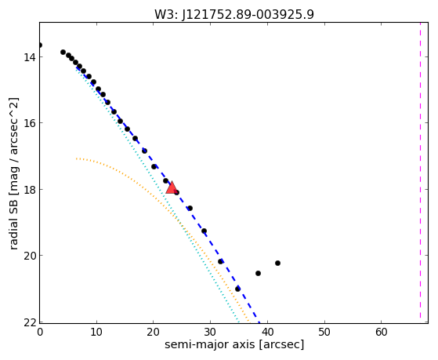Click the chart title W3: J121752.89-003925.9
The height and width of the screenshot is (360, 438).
(234, 15)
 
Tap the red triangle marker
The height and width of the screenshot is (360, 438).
(172, 187)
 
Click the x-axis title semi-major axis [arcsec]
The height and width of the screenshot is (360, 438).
(234, 344)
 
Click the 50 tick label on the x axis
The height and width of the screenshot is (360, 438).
(324, 333)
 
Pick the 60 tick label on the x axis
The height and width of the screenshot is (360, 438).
(382, 333)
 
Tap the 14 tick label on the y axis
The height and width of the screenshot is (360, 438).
(30, 57)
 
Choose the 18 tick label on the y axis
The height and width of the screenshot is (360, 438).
(30, 189)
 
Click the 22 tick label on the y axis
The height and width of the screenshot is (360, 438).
(30, 322)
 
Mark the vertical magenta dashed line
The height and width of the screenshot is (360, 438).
(420, 173)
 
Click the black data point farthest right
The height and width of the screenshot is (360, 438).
(277, 263)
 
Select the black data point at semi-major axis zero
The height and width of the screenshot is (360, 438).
(40, 45)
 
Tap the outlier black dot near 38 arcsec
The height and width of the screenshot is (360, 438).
(258, 273)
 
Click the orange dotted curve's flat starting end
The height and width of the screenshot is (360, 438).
(77, 159)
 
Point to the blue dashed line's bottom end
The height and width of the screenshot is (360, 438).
(259, 323)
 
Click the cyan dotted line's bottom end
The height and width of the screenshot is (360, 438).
(238, 323)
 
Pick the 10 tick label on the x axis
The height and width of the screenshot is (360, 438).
(96, 333)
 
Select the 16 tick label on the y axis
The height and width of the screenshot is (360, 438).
(30, 123)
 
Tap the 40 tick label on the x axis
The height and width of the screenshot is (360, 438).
(267, 333)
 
